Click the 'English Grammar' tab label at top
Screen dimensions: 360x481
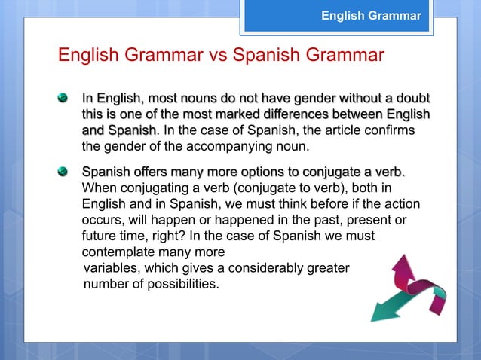(x=370, y=15)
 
